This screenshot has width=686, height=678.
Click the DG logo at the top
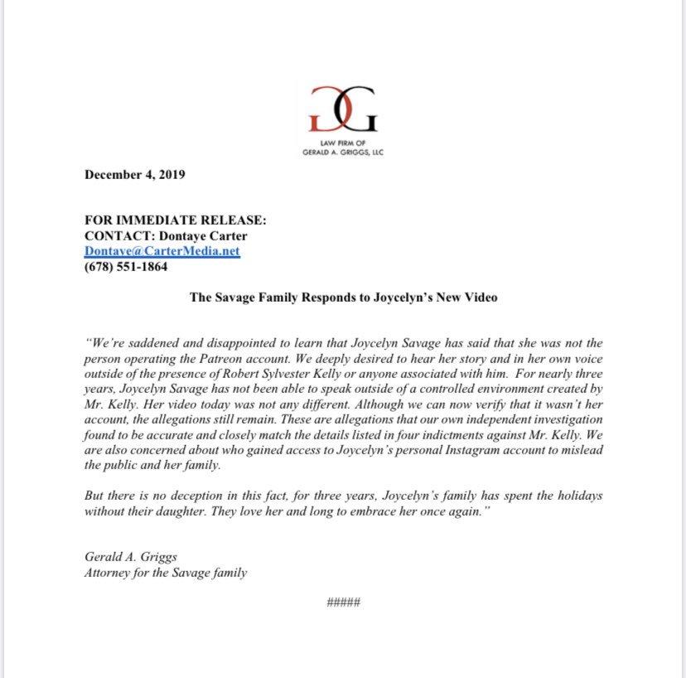click(343, 108)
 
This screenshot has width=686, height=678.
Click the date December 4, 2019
click(135, 175)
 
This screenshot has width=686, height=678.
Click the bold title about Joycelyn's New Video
click(343, 297)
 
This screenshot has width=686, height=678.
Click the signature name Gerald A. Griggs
click(130, 557)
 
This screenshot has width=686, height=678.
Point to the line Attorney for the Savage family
click(165, 573)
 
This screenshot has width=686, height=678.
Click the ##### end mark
click(343, 601)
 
